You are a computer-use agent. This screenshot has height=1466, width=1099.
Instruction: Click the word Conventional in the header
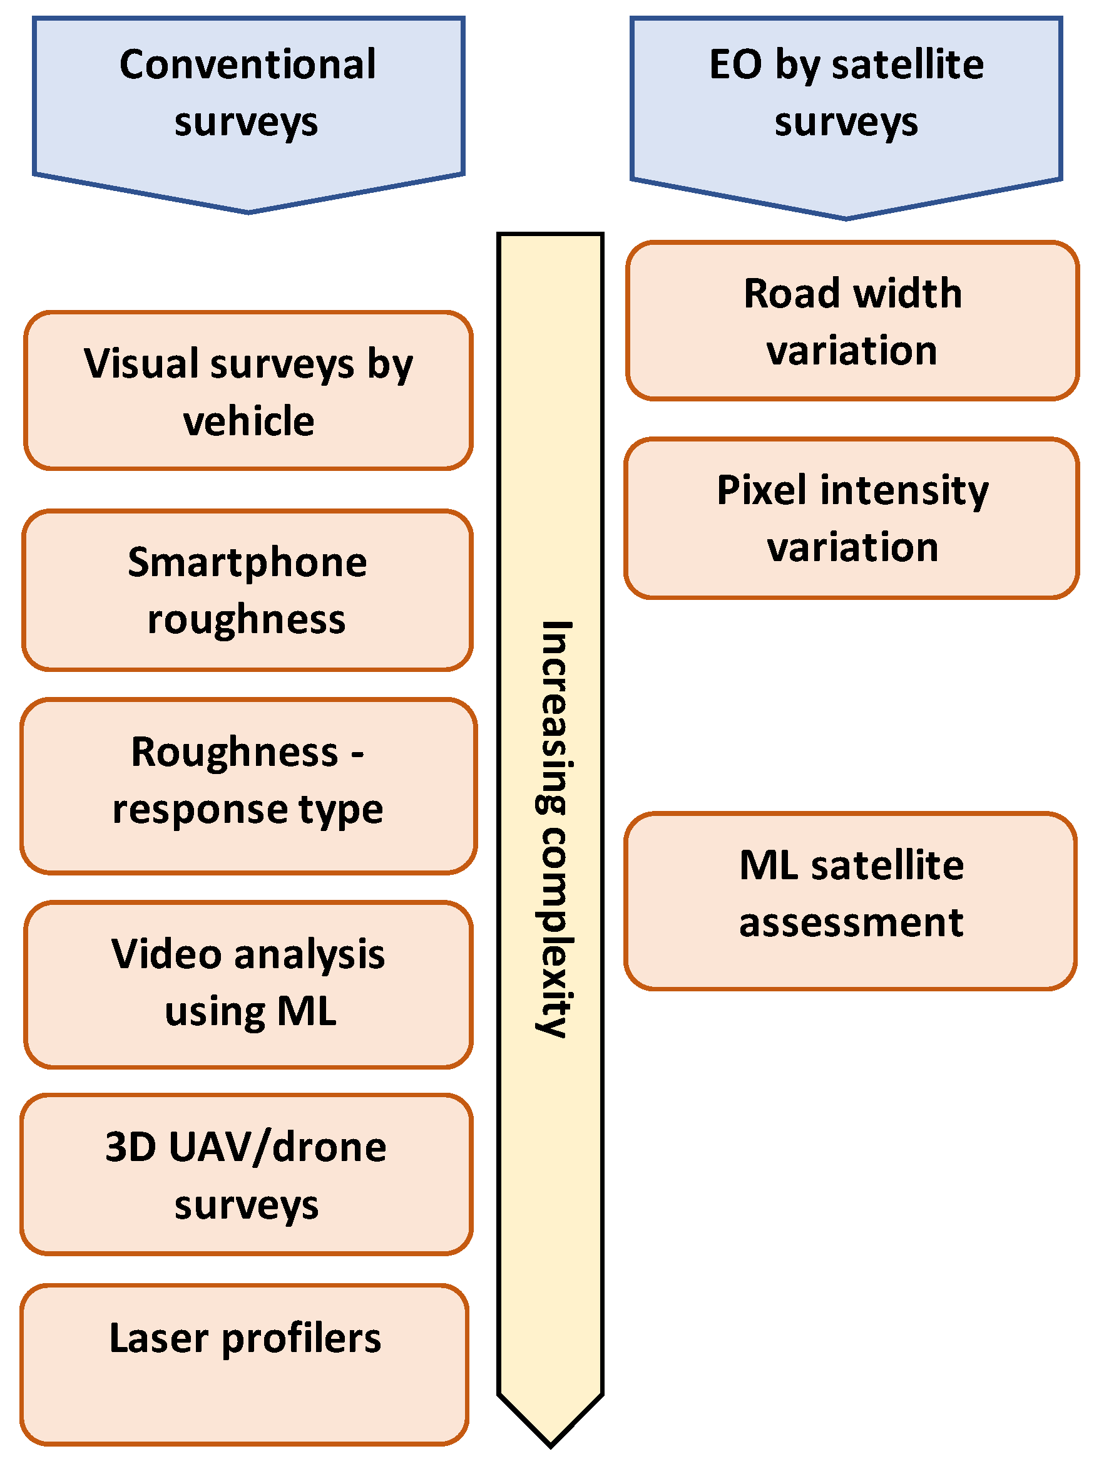coord(247,65)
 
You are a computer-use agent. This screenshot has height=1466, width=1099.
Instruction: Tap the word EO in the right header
coord(735,65)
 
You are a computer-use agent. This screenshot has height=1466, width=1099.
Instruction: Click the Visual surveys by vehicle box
coord(248,391)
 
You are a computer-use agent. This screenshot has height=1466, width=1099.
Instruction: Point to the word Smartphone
coord(247,564)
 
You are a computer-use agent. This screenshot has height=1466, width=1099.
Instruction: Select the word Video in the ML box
coord(166,954)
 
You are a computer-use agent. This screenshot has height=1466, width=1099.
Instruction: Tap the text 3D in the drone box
coord(131,1147)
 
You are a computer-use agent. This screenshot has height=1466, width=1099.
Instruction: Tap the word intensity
coord(904,492)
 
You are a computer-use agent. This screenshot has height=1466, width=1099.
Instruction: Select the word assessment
coord(851,923)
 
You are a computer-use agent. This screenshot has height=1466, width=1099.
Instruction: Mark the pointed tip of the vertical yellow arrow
coord(551,1445)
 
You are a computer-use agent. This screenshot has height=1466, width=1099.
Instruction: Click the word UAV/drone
coord(277,1147)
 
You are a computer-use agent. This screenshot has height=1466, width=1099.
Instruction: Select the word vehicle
coord(248,421)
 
